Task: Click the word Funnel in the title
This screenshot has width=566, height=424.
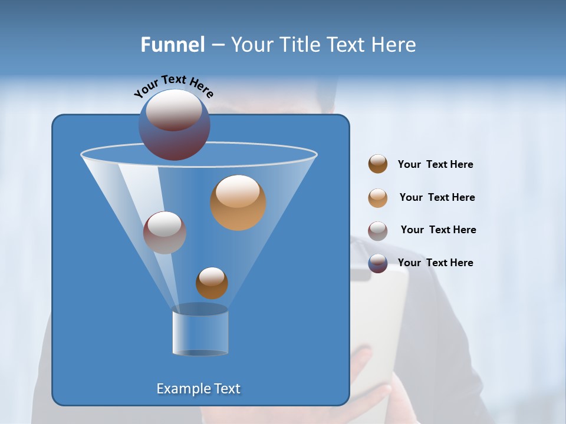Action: (173, 44)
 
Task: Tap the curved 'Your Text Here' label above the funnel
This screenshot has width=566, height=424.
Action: (173, 85)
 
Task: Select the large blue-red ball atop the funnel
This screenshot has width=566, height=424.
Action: (175, 125)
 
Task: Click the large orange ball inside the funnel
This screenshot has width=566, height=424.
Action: (238, 203)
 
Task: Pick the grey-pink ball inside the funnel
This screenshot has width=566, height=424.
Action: (164, 233)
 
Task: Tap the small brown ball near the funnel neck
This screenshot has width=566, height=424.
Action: (212, 283)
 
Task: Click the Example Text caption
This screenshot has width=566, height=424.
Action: (199, 389)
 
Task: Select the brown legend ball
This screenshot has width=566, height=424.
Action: (378, 164)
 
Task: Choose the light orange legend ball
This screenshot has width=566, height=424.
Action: (378, 197)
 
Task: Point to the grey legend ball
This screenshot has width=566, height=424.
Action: (378, 230)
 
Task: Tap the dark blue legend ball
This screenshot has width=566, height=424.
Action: (378, 263)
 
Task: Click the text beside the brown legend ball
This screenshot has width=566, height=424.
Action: (435, 165)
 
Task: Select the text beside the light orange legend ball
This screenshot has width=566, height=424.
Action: (437, 198)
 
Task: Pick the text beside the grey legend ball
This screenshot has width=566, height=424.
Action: (438, 230)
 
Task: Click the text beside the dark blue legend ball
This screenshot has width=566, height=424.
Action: (435, 263)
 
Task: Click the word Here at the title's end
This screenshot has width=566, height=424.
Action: (395, 44)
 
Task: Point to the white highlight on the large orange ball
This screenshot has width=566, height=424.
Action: (238, 191)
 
